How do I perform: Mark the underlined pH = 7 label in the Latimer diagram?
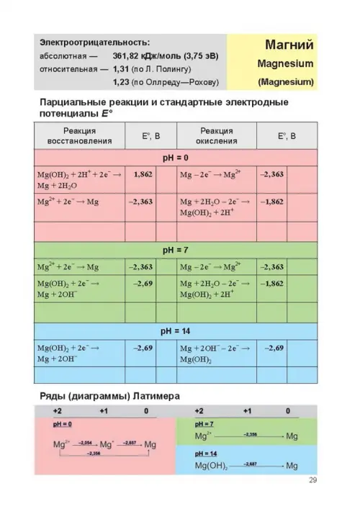click(205, 424)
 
